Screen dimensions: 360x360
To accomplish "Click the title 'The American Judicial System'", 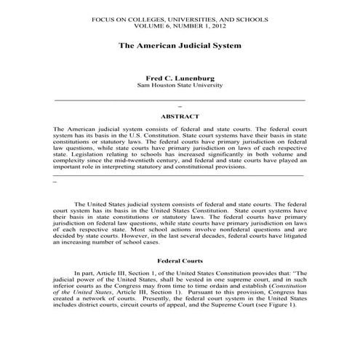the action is click(180, 45).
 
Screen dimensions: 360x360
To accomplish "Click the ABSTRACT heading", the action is click(180, 115).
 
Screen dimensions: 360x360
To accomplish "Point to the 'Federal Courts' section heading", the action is click(180, 260).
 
